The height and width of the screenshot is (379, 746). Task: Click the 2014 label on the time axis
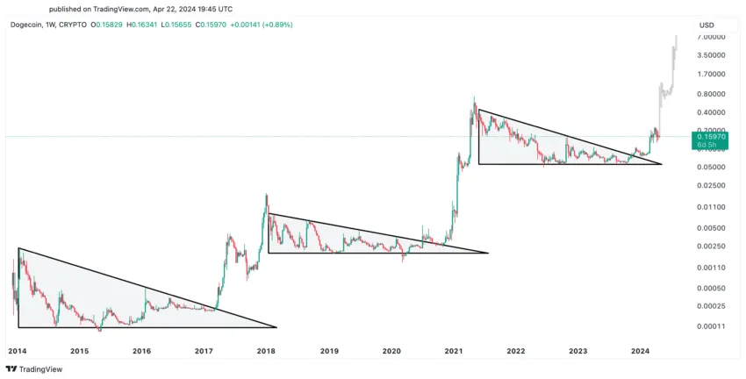[16, 351]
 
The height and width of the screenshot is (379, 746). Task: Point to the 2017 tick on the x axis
[204, 351]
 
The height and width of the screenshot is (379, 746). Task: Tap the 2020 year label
[391, 351]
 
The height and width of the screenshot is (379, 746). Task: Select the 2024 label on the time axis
[640, 351]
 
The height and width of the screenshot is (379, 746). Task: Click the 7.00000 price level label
[712, 37]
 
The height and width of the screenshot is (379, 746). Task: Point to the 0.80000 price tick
[712, 94]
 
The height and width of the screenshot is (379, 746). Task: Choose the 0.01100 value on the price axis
[712, 207]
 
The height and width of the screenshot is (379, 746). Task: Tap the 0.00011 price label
[712, 327]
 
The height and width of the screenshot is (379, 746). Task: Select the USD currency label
[707, 24]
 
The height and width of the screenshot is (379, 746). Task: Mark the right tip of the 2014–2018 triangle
[276, 327]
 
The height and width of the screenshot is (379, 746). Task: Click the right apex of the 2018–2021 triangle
[487, 253]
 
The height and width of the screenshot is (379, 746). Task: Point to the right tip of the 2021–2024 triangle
[662, 164]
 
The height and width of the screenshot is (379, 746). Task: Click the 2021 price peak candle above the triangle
[475, 97]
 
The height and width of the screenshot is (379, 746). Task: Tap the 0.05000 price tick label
[712, 167]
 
